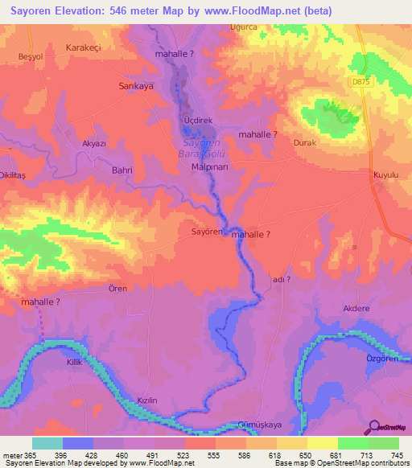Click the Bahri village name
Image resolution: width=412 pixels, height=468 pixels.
[122, 170]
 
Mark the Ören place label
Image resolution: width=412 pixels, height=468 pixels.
[117, 288]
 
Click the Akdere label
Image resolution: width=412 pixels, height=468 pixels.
[356, 307]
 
